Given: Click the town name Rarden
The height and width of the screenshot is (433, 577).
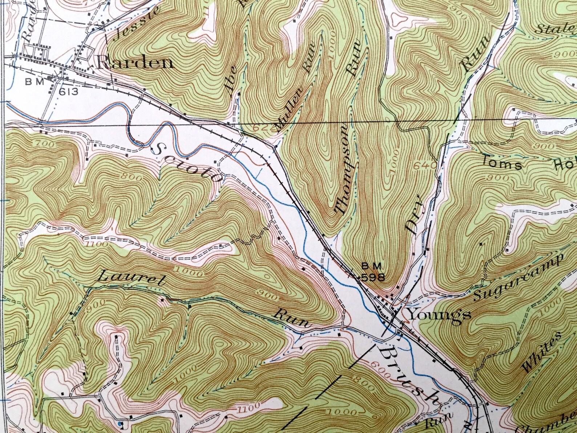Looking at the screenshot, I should coord(135,63).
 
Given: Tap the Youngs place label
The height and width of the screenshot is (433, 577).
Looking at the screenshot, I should coord(439,314).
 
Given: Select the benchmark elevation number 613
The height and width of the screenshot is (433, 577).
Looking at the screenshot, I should coord(68,91).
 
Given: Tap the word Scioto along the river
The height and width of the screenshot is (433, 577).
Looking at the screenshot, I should coord(187,163).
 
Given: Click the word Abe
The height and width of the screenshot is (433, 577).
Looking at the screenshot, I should coord(233,80).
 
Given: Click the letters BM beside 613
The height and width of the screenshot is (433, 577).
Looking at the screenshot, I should coord(35,82).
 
